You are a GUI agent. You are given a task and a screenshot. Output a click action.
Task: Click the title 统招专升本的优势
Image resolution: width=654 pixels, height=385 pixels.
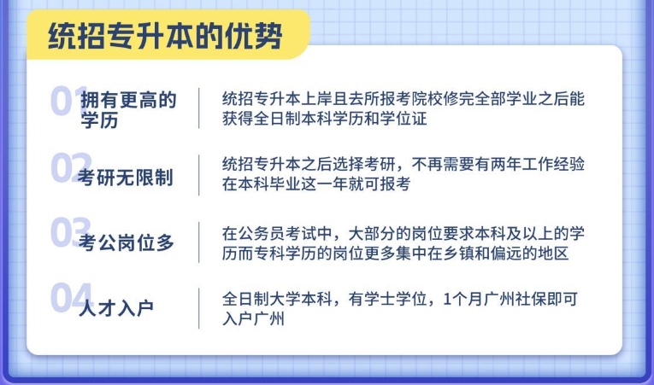click(165, 36)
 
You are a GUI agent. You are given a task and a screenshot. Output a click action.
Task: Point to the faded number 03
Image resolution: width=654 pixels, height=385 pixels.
click(70, 232)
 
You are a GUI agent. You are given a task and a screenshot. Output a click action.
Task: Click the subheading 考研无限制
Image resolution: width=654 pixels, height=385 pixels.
click(125, 178)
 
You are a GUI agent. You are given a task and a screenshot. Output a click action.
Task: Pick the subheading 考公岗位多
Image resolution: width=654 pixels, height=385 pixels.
click(126, 242)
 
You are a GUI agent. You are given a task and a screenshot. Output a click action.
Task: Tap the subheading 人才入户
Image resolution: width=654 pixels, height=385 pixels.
click(116, 308)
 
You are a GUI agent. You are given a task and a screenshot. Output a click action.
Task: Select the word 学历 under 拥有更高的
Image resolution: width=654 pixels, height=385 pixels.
click(99, 120)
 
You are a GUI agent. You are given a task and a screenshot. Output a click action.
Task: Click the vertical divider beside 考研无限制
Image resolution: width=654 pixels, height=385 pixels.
click(199, 175)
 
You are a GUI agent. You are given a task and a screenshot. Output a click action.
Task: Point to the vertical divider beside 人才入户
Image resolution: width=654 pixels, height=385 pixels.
click(199, 308)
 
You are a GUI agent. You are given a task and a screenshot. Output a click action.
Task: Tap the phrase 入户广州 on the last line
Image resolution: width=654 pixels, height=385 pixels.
click(253, 318)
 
